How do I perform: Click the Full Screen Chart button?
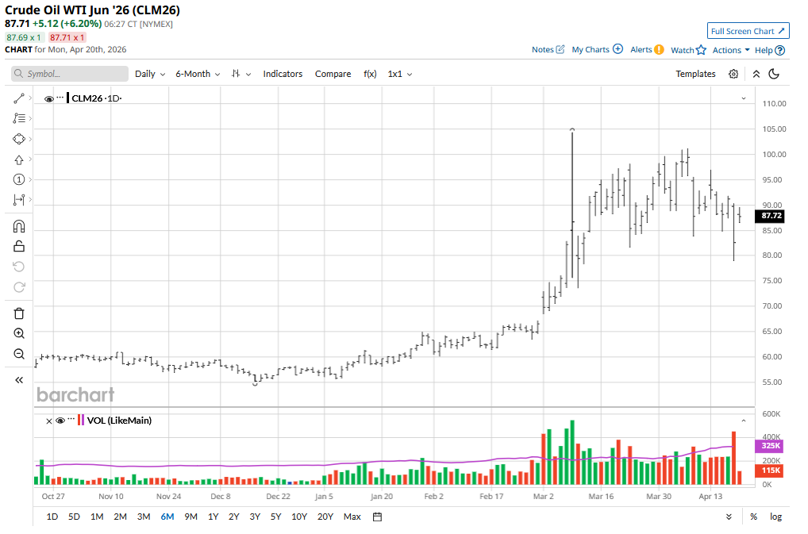click(748, 31)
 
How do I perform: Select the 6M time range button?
click(167, 517)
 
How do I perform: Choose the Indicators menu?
click(283, 74)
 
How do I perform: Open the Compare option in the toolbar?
click(333, 74)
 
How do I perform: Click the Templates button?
click(695, 74)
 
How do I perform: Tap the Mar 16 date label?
click(601, 497)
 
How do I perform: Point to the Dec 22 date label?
click(278, 497)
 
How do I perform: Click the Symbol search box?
click(70, 74)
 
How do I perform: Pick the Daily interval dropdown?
click(150, 74)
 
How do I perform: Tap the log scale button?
click(775, 517)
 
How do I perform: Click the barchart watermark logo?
click(75, 394)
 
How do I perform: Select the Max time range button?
click(352, 517)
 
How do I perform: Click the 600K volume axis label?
click(771, 414)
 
